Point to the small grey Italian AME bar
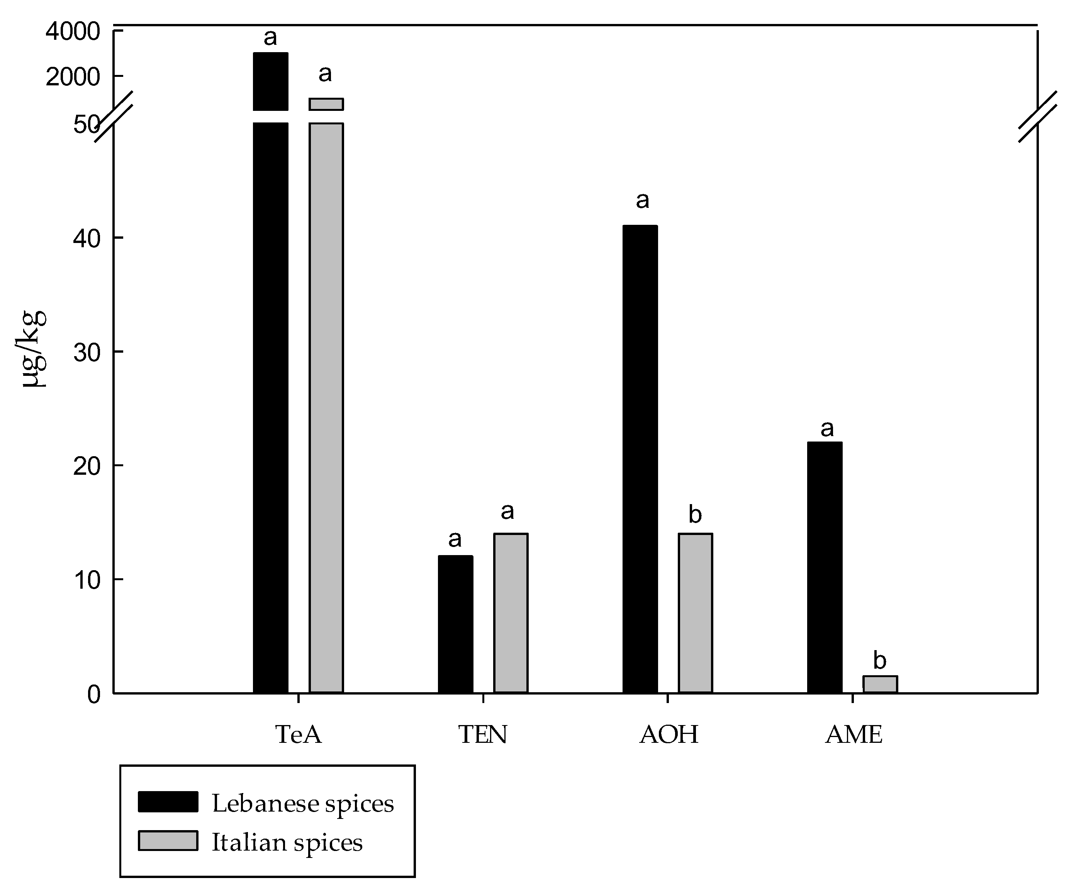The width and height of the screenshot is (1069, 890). click(880, 684)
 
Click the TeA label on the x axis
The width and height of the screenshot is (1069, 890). click(298, 735)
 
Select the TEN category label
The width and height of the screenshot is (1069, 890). click(483, 735)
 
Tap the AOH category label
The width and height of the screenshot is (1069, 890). click(669, 735)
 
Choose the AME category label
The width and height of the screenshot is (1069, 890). click(854, 735)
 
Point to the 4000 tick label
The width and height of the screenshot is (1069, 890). click(73, 32)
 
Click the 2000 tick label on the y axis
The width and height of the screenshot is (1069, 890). click(73, 77)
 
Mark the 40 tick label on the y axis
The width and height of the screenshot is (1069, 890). click(87, 239)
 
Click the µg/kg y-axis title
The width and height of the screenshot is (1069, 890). click(35, 349)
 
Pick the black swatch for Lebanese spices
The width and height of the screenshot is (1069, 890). click(168, 802)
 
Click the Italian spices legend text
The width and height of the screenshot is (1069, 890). click(287, 842)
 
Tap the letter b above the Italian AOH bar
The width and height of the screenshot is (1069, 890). click(695, 515)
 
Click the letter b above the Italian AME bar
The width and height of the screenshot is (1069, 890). click(880, 661)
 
